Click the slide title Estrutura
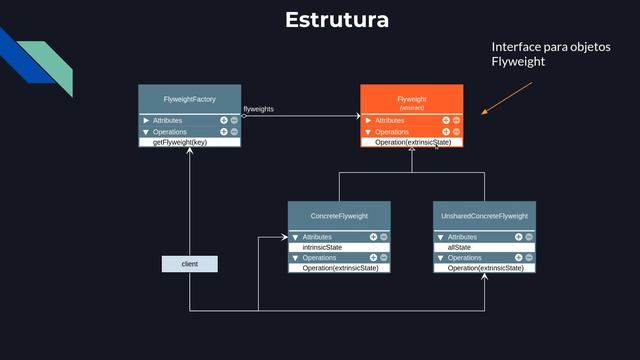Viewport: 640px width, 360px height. click(336, 20)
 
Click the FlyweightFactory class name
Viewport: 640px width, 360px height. click(190, 99)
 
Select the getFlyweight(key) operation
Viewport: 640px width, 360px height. click(179, 142)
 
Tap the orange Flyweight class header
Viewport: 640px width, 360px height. click(411, 100)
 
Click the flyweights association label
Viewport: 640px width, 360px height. click(259, 109)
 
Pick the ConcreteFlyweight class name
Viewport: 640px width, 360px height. click(339, 216)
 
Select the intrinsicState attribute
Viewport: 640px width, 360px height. click(322, 247)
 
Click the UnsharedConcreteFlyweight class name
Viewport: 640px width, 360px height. click(485, 216)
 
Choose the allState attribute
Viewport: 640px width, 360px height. click(459, 247)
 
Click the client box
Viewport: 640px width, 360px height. click(189, 263)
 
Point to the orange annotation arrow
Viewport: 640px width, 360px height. click(507, 99)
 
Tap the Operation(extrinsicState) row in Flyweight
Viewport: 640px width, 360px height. click(413, 142)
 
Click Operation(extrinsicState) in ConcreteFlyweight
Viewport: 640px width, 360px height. click(340, 268)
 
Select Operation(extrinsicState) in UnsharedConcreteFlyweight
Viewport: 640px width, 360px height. click(485, 268)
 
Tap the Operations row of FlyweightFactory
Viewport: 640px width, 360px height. click(170, 131)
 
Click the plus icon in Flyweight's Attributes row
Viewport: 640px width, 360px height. click(446, 120)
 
